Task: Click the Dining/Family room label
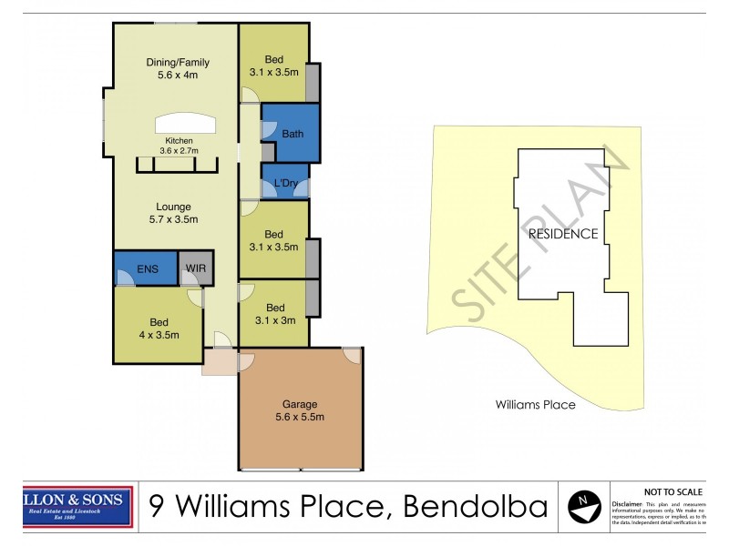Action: click(x=178, y=69)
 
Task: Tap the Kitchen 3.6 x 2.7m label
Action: click(x=179, y=146)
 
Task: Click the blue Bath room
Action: click(x=292, y=133)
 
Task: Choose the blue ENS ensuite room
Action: click(x=147, y=268)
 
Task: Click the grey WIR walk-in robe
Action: click(x=196, y=268)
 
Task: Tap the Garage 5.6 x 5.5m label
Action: click(x=300, y=410)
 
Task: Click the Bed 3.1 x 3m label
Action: click(x=273, y=313)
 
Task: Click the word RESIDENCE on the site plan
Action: click(x=563, y=234)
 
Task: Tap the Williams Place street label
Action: click(x=535, y=405)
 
